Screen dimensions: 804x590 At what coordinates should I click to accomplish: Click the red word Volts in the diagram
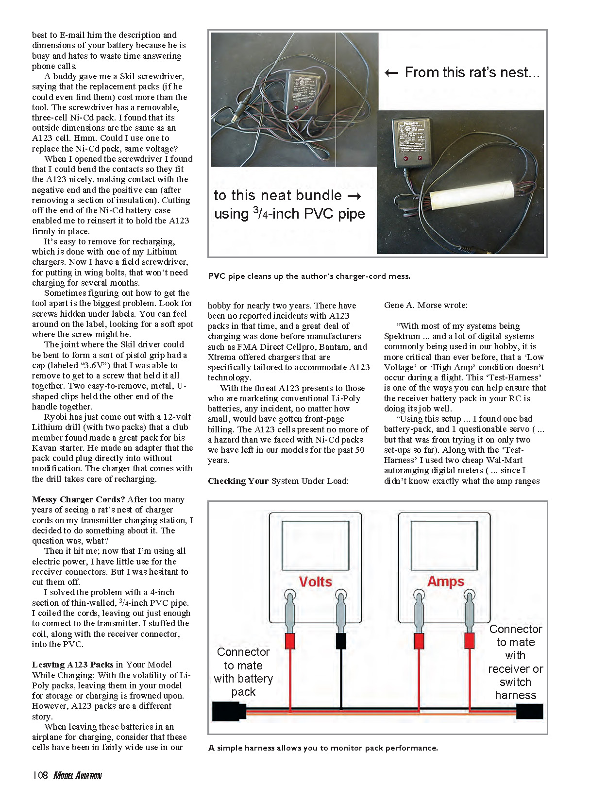click(315, 582)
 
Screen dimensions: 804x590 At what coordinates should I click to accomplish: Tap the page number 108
click(40, 775)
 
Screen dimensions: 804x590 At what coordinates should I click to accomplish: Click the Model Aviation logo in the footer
click(78, 775)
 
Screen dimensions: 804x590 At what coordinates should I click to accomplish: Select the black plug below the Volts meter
click(341, 641)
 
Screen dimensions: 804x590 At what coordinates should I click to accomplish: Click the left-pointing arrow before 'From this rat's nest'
click(391, 73)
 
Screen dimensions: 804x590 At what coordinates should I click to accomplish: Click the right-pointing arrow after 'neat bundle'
click(355, 196)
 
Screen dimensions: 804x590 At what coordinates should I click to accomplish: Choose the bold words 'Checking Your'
click(238, 481)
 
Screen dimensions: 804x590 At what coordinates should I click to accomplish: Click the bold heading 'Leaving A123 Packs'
click(73, 665)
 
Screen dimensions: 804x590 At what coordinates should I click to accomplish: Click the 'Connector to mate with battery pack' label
click(243, 672)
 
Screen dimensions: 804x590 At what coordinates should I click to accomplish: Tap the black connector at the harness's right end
click(529, 711)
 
